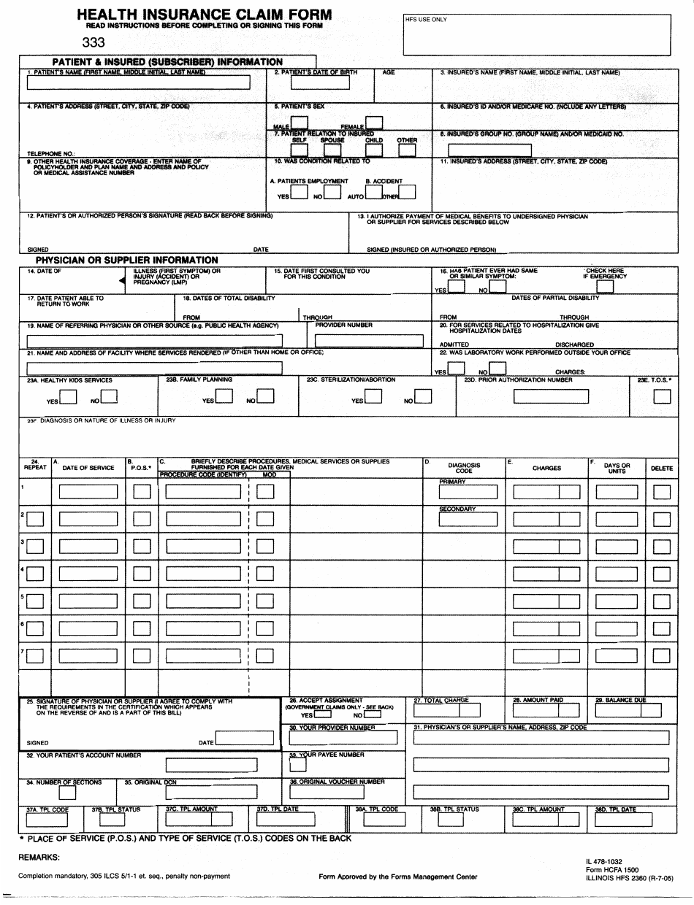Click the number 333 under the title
point(94,42)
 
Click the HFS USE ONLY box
point(537,34)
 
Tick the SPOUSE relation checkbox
point(332,150)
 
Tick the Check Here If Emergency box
point(605,287)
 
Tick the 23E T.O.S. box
point(662,396)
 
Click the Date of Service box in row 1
point(88,492)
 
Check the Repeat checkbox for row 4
point(34,574)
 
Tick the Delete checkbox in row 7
point(662,655)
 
